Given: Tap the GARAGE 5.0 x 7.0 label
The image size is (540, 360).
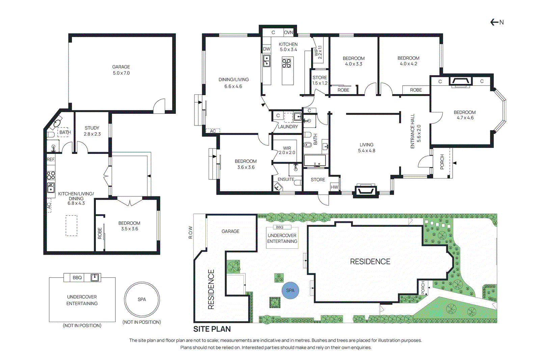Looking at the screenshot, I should click(x=121, y=70).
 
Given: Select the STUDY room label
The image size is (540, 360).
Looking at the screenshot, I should click(x=92, y=128).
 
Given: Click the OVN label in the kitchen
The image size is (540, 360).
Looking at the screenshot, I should click(x=288, y=33).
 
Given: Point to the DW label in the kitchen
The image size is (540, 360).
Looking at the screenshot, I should click(x=267, y=49).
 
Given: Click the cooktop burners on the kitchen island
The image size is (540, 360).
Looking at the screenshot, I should click(x=287, y=63).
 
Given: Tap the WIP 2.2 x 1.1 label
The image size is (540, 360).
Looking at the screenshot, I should click(x=318, y=52).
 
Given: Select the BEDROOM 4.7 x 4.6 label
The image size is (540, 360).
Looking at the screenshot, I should click(x=465, y=115).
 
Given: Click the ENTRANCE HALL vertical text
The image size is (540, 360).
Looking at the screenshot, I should click(x=412, y=131).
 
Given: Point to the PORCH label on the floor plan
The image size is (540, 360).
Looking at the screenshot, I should click(x=442, y=162).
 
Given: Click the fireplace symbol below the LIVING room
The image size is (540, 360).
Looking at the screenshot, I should click(x=365, y=191).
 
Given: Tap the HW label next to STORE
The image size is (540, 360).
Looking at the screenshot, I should click(x=334, y=187).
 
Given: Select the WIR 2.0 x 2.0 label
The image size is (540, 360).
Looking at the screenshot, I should click(x=287, y=150).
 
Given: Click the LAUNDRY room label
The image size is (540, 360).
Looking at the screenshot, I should click(x=288, y=127).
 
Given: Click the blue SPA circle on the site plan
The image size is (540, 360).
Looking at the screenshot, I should click(x=290, y=290).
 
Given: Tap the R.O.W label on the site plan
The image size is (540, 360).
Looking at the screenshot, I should click(x=190, y=232).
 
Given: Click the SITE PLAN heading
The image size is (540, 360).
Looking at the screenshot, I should click(x=212, y=329).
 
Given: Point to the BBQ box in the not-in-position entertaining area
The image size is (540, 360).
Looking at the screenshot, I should click(x=77, y=278).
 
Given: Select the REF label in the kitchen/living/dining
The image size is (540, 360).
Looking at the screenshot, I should click(x=51, y=160).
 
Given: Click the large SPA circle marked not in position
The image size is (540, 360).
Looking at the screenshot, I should click(x=142, y=299).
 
